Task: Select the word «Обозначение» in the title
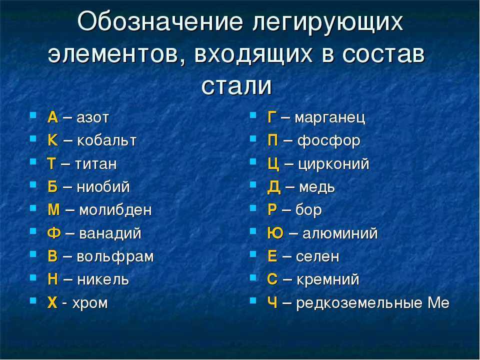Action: click(160, 21)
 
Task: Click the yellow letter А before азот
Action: click(52, 117)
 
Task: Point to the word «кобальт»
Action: click(106, 140)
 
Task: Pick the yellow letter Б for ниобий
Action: click(52, 186)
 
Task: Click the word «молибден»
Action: click(115, 210)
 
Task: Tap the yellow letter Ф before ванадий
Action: click(54, 233)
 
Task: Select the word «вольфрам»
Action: click(115, 257)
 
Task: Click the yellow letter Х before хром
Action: click(52, 303)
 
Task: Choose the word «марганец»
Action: click(329, 118)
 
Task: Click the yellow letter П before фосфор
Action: click(273, 140)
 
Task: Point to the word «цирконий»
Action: click(333, 164)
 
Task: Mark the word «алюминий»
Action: click(340, 233)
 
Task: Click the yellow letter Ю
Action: click(275, 233)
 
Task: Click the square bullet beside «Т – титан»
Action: click(33, 162)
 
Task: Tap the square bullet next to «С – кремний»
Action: click(253, 277)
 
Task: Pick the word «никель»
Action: click(103, 279)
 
